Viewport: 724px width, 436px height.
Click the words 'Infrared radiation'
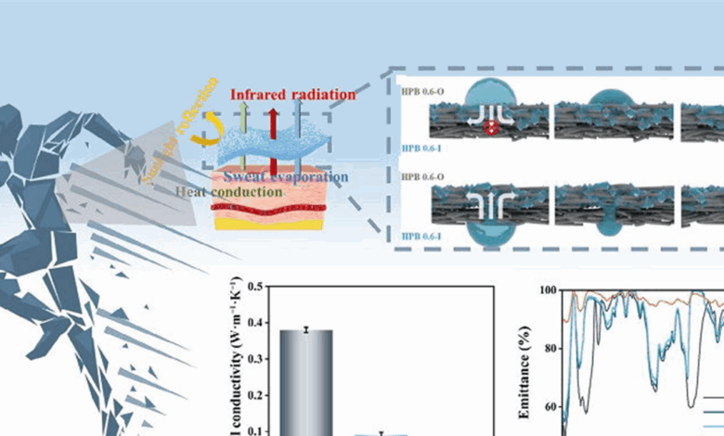tap(292, 95)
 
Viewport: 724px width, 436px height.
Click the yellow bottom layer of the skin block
tap(269, 223)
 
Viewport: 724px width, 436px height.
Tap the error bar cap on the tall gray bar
tap(305, 328)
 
